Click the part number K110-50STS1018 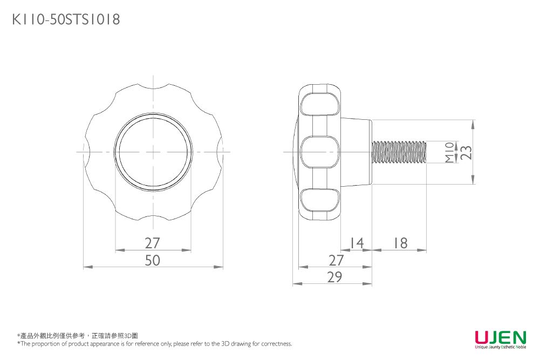tap(66, 20)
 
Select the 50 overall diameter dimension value tap(153, 260)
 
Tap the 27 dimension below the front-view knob tap(153, 243)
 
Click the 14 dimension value tap(356, 243)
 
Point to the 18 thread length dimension tap(400, 243)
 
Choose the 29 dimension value tap(335, 277)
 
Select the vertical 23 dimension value tap(466, 152)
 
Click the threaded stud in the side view tap(400, 152)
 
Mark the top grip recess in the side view tap(320, 105)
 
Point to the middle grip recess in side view tap(320, 152)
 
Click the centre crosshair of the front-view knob tap(153, 152)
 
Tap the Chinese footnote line tap(78, 336)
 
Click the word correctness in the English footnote tap(276, 344)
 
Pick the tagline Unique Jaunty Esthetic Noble tap(500, 348)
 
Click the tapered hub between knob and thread tap(356, 152)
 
